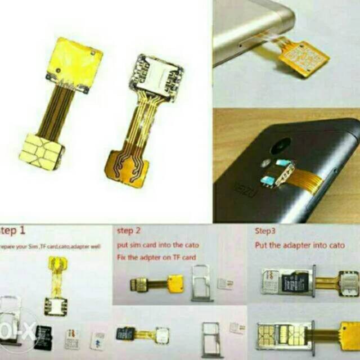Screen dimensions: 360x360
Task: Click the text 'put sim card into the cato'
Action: (x=157, y=245)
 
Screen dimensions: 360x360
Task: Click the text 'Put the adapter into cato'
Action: (x=300, y=245)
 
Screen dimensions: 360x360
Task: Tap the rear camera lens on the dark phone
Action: (x=280, y=147)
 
